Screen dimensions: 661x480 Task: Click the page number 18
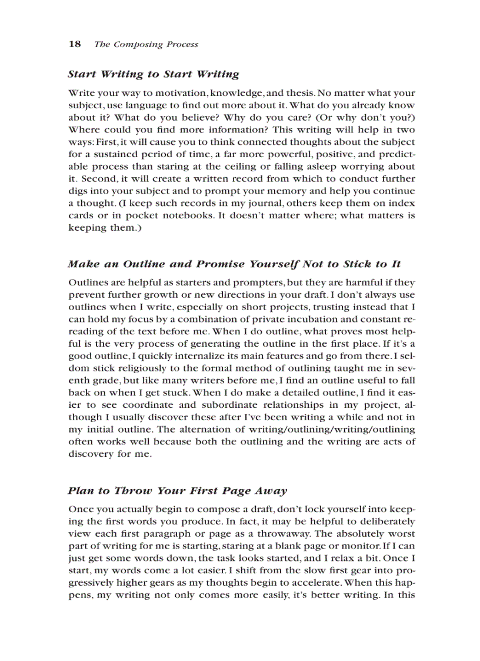74,44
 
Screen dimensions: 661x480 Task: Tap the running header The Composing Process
146,44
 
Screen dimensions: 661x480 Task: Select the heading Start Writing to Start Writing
153,74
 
